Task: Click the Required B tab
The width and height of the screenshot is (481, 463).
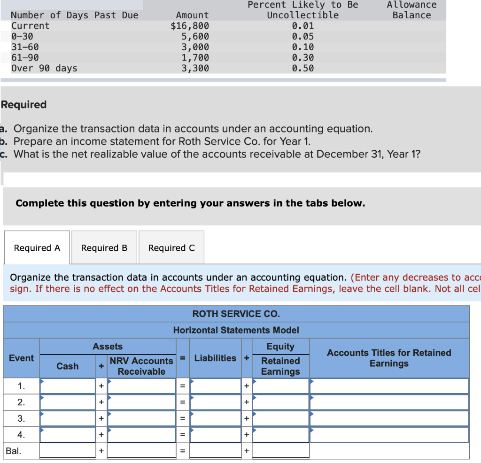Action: click(104, 247)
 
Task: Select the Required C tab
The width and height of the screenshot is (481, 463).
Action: click(171, 247)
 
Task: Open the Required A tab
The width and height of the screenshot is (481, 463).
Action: click(37, 247)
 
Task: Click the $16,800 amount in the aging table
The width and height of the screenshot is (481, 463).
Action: click(190, 26)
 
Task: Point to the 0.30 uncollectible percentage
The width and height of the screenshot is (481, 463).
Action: click(303, 58)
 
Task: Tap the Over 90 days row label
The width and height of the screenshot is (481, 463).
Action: click(44, 68)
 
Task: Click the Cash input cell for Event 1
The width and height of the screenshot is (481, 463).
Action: click(68, 386)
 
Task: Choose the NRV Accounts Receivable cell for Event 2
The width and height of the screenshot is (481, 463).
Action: click(141, 402)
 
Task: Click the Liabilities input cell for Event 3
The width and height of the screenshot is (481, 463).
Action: click(216, 418)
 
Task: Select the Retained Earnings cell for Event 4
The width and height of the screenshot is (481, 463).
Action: click(281, 434)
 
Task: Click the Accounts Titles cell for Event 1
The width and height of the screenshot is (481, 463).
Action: click(389, 386)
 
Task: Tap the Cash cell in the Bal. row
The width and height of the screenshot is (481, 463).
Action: click(68, 451)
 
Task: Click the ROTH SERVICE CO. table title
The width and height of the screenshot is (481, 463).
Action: click(236, 314)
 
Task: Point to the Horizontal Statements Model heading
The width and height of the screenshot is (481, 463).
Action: click(236, 330)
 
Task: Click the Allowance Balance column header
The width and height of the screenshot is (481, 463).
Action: click(411, 10)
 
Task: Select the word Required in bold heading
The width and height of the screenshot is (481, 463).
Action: click(24, 105)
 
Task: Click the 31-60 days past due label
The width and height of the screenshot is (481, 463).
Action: click(25, 47)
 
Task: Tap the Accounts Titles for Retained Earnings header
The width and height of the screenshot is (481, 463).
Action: click(389, 358)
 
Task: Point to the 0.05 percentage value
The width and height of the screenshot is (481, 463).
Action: click(303, 37)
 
